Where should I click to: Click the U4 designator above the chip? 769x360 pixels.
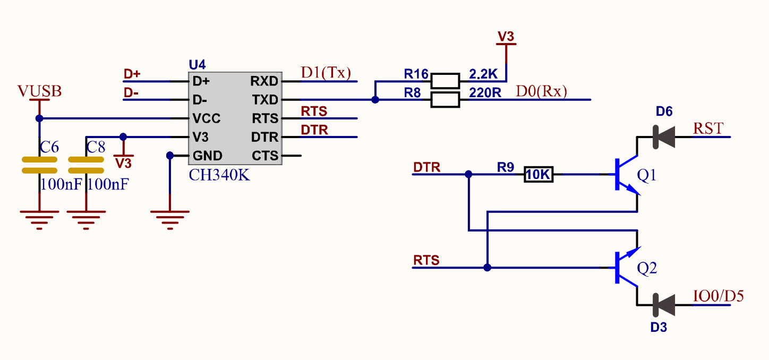click(x=197, y=65)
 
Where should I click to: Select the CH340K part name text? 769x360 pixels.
click(x=219, y=175)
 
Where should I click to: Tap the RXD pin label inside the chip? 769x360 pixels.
click(x=264, y=81)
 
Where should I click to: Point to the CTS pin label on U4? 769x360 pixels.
click(x=264, y=156)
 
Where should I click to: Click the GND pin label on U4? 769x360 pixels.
click(x=207, y=156)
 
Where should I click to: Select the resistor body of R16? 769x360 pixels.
click(x=445, y=81)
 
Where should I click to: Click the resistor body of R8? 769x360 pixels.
click(x=445, y=100)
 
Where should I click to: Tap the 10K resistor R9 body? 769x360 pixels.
click(x=539, y=174)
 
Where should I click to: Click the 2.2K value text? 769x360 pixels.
click(x=483, y=74)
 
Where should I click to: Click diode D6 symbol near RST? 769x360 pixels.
click(x=663, y=136)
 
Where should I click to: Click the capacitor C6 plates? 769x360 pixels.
click(x=39, y=165)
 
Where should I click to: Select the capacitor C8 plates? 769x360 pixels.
click(x=86, y=165)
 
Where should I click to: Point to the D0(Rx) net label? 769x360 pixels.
click(x=541, y=91)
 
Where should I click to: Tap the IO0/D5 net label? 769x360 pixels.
click(x=718, y=296)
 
